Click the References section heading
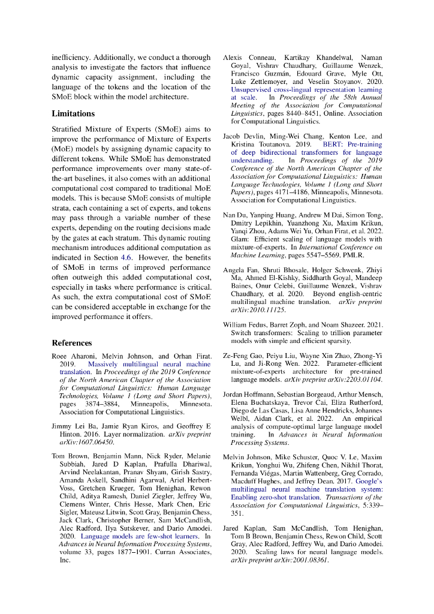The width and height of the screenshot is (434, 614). coord(71,344)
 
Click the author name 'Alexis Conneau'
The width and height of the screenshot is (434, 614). coord(245,57)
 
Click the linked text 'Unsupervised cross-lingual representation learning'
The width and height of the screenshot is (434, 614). coord(306,88)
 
